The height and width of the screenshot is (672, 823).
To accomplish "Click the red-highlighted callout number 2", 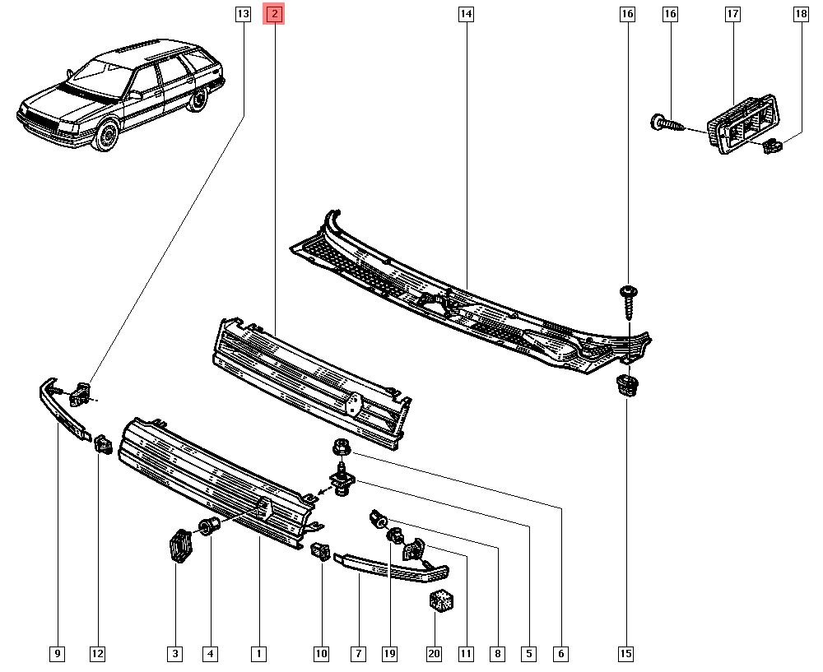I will tap(274, 14).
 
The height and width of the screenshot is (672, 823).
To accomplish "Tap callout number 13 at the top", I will tap(242, 14).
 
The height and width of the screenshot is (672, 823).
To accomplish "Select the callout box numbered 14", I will tap(466, 14).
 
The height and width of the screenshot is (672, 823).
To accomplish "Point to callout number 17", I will tap(732, 14).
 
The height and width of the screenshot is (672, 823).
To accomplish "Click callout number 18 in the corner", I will tap(800, 14).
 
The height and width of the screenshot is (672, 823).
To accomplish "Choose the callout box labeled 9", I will tap(58, 654).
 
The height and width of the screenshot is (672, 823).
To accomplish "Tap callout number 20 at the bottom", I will tap(434, 654).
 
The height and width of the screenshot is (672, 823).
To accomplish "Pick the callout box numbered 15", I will tap(625, 654).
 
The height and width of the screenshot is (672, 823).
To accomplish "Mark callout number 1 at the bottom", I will tap(258, 654).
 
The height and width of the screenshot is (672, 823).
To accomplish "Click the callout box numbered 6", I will tap(560, 654).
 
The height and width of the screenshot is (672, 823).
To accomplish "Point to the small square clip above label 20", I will tap(441, 600).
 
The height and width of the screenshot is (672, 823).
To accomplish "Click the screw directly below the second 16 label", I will tap(627, 302).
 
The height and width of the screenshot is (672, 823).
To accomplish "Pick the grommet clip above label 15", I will tap(627, 385).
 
